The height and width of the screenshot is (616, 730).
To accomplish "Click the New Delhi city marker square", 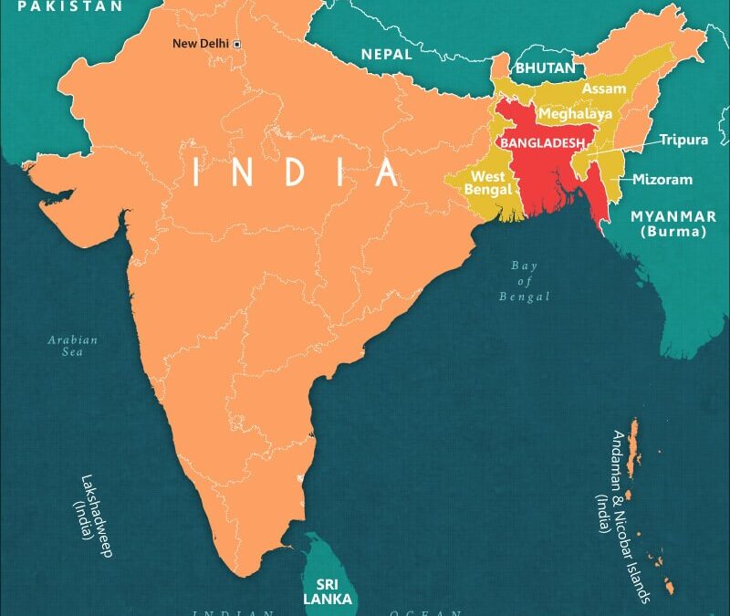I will [x=237, y=44].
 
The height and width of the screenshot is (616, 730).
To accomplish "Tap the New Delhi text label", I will [x=202, y=44].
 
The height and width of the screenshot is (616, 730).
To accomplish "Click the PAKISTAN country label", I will [x=70, y=6].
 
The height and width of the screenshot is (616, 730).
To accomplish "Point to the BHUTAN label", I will [x=546, y=68].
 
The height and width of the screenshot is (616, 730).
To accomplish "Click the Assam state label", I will [x=603, y=89].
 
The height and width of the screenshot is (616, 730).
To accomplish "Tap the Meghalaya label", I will [x=575, y=114].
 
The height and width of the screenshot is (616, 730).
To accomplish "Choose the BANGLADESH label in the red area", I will [x=542, y=143].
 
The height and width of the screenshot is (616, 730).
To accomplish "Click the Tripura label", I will [x=684, y=140].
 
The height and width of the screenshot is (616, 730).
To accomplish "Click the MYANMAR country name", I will [x=673, y=216].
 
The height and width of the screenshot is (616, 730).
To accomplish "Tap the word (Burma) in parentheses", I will [x=673, y=232].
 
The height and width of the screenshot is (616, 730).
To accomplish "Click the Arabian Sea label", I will [x=73, y=347].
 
